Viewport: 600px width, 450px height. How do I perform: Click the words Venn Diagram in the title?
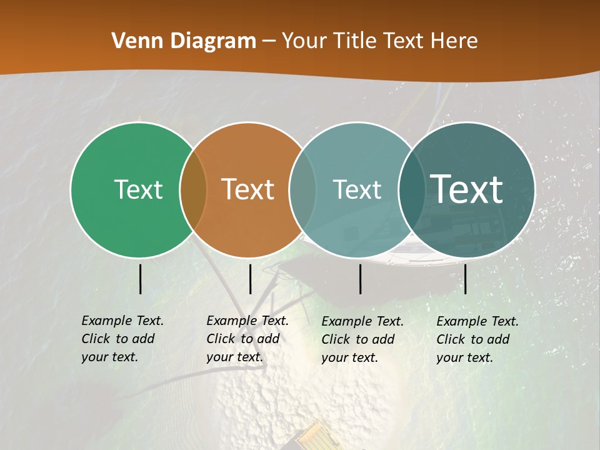184,41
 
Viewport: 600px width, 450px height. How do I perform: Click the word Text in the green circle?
138,189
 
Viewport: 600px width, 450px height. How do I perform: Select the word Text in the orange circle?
248,189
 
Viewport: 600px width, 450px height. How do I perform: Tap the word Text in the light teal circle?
357,189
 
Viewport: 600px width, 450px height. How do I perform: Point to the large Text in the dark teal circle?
467,189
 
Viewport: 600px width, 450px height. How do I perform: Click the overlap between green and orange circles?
193,189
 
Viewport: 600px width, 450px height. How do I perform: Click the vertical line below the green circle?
141,279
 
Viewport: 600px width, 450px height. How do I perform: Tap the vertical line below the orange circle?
250,279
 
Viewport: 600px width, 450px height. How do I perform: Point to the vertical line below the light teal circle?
361,279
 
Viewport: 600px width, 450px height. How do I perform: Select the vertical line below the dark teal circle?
465,279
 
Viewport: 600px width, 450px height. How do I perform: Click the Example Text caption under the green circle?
122,339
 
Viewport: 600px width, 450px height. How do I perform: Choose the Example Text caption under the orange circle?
247,339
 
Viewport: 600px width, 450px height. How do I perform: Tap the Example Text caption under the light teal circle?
362,339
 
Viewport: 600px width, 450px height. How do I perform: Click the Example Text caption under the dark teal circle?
477,339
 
